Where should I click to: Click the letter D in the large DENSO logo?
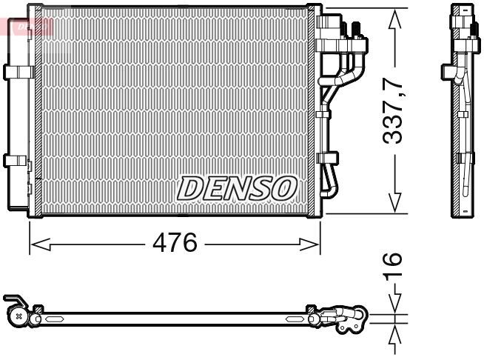(190, 189)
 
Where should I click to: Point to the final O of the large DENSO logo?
(284, 189)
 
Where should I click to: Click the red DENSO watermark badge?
(27, 24)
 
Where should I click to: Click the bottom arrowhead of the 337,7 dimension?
(395, 203)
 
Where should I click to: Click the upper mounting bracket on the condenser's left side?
(16, 71)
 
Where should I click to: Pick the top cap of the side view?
(463, 11)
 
